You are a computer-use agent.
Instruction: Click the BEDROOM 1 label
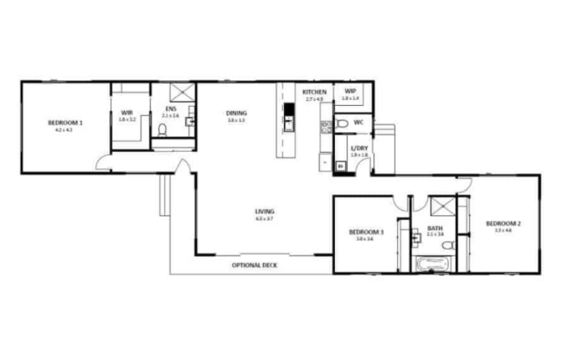click(x=65, y=123)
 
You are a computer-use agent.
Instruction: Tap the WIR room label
click(x=128, y=113)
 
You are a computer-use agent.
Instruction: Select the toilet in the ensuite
click(x=163, y=131)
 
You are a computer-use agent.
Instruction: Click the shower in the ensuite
click(x=180, y=93)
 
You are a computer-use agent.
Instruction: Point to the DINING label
click(x=236, y=113)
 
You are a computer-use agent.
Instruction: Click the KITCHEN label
click(x=315, y=92)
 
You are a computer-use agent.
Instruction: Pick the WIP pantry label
click(x=350, y=92)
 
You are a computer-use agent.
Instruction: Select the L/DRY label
click(x=359, y=148)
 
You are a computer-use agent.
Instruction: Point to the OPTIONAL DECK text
click(x=255, y=265)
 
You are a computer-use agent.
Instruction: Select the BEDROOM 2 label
click(x=503, y=223)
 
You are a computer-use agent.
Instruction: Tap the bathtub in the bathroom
click(x=430, y=264)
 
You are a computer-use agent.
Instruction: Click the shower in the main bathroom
click(x=440, y=207)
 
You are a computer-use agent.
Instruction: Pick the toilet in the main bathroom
click(x=452, y=245)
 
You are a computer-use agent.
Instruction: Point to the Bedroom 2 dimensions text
click(x=503, y=231)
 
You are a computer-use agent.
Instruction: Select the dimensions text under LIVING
click(x=264, y=219)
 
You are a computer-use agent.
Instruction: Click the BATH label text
click(x=435, y=228)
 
